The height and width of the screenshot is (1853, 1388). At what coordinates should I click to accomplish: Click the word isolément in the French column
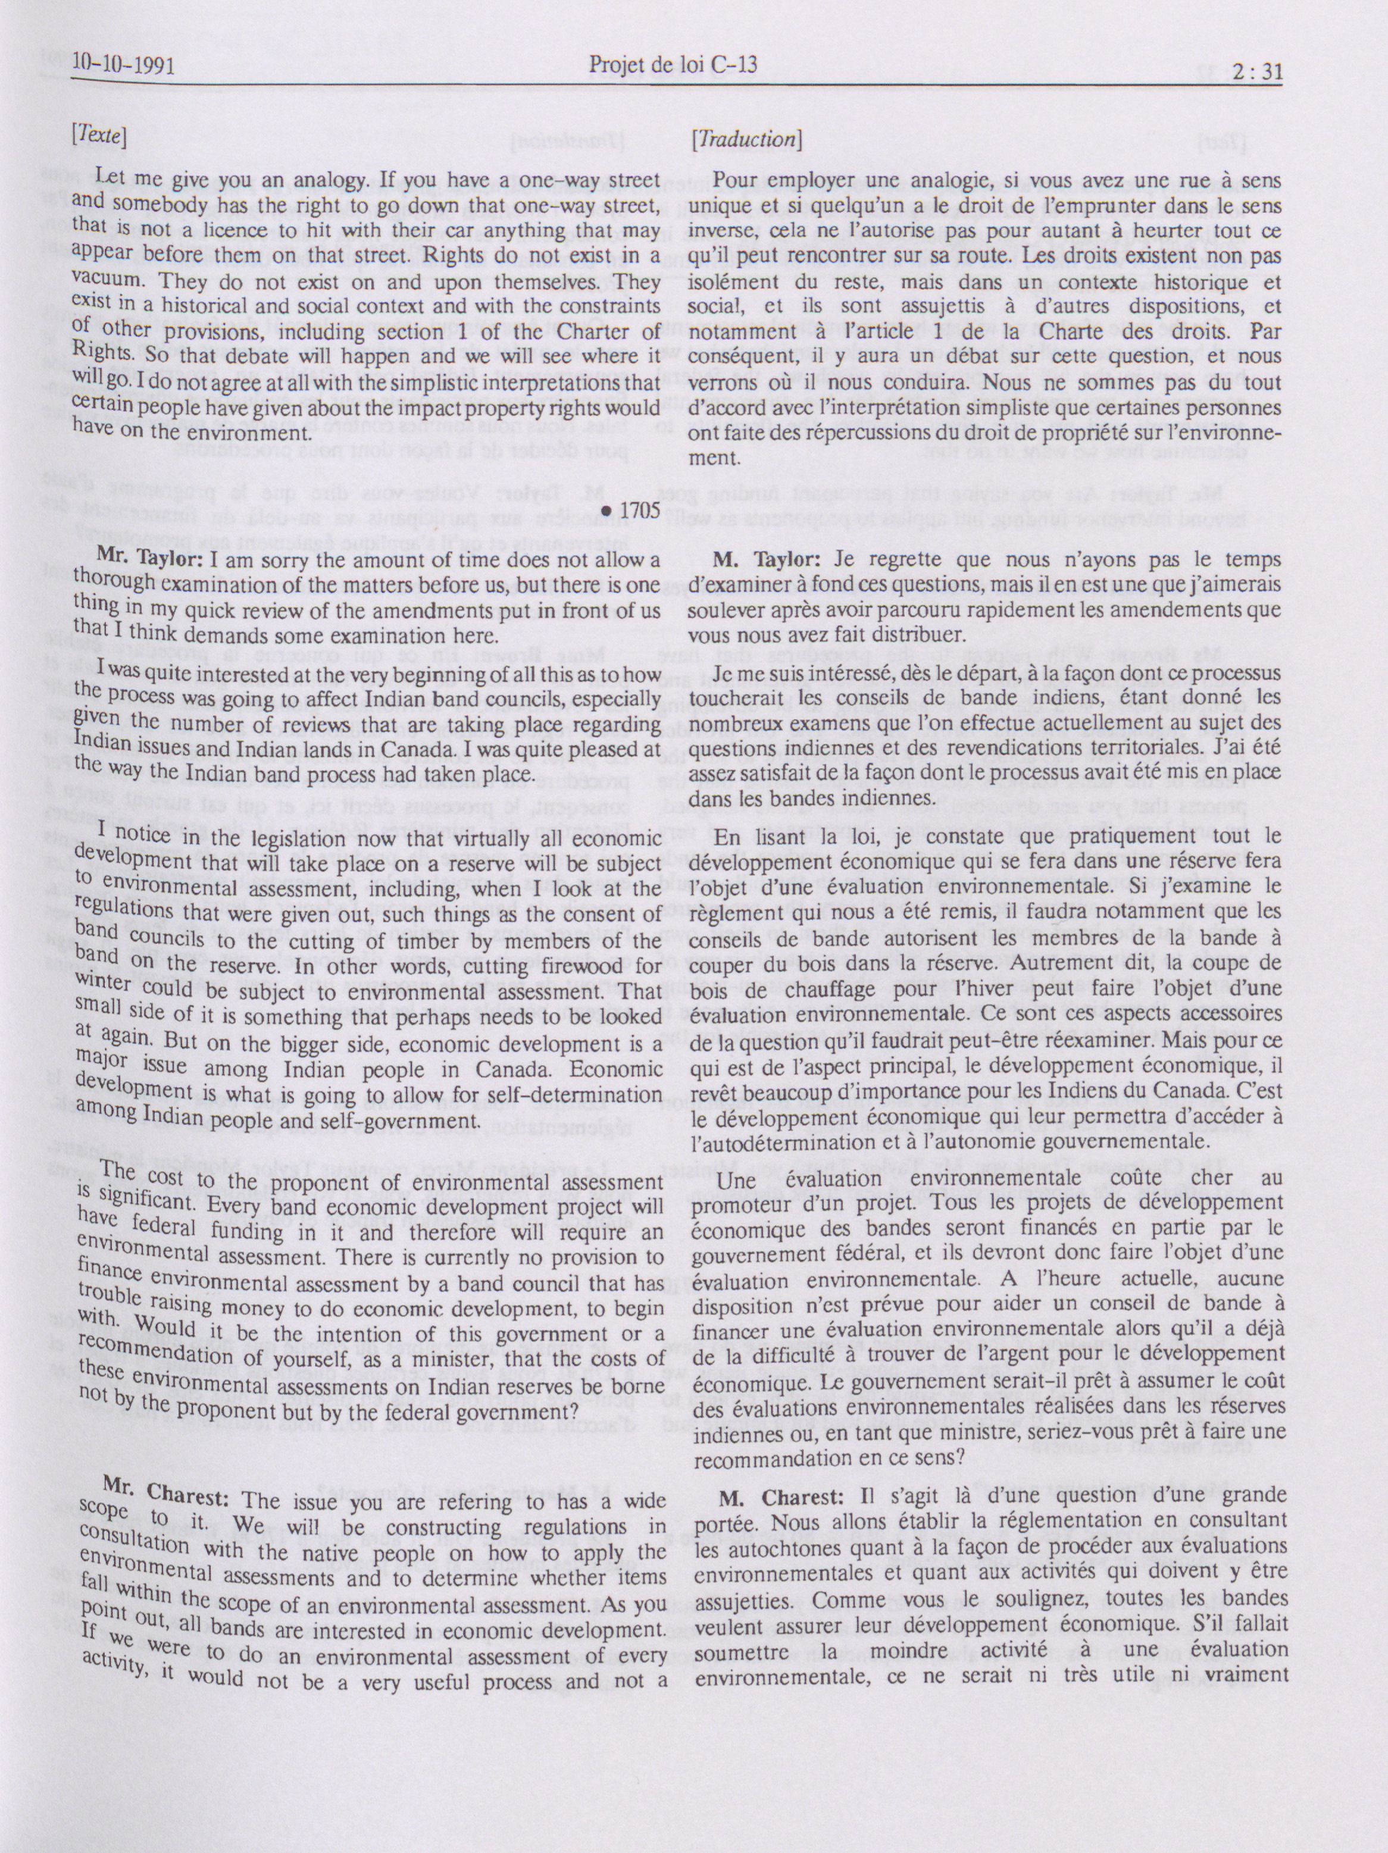(x=734, y=281)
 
